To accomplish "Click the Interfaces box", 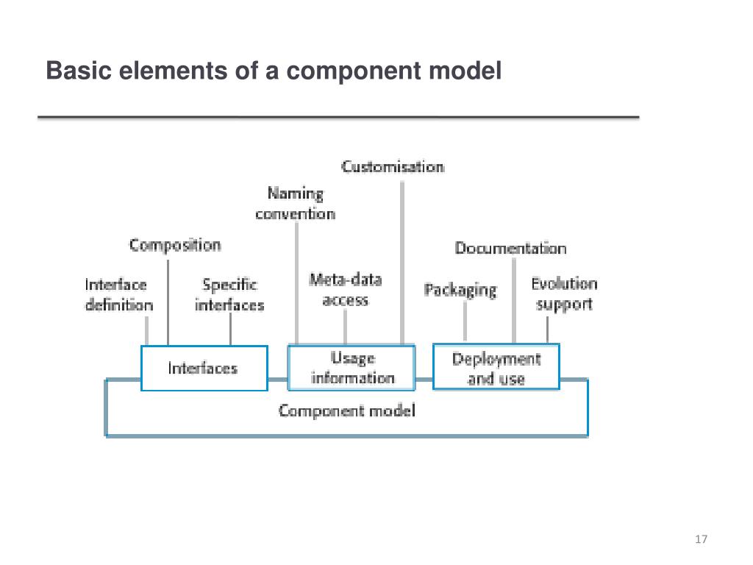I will click(x=204, y=368).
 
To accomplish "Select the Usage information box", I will click(x=352, y=368).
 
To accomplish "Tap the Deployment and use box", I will click(x=496, y=368).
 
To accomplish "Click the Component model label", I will click(x=346, y=411).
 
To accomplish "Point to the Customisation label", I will click(x=393, y=167).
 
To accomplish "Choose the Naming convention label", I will click(x=295, y=204).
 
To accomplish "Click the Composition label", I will click(x=175, y=245).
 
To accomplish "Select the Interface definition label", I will click(x=118, y=294).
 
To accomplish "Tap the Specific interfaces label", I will click(x=229, y=294).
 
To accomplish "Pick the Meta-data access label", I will click(x=346, y=290).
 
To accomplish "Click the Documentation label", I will click(x=510, y=248).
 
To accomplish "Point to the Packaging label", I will click(x=460, y=290).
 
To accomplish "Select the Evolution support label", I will click(x=564, y=294).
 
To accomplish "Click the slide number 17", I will click(x=700, y=540).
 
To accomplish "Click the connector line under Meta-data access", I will click(x=346, y=327).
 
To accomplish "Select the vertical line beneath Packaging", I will click(x=465, y=321).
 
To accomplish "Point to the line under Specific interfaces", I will click(x=231, y=330).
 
